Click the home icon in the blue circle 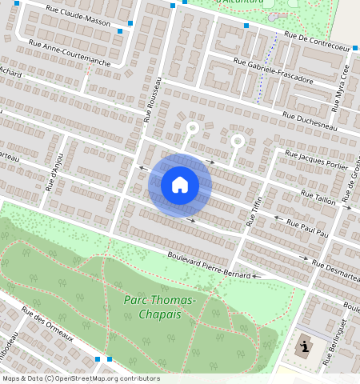point(180,185)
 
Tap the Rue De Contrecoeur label point(317,42)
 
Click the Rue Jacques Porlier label point(315,158)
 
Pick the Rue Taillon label point(318,194)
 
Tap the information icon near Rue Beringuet point(304,348)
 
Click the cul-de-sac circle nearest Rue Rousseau point(192,127)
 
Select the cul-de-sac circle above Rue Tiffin point(237,141)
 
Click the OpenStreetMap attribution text point(81,378)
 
